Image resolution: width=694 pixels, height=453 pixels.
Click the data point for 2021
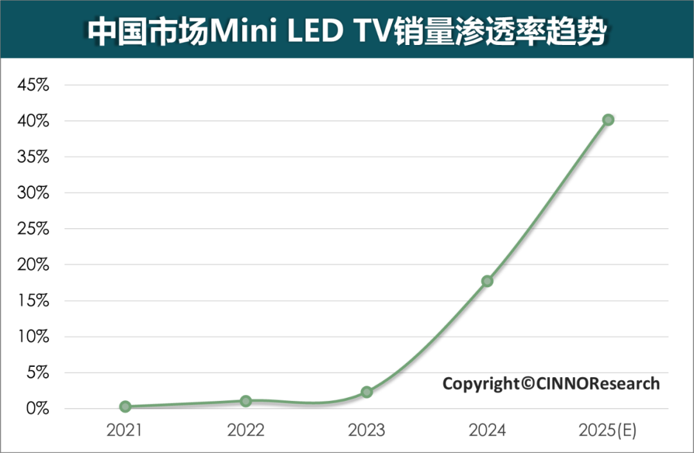pos(125,406)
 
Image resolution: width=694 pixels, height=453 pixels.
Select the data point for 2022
pos(246,400)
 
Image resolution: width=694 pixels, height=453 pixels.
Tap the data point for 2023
pos(367,392)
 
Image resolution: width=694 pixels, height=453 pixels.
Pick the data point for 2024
pos(487,281)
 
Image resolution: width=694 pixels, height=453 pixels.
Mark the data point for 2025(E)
pos(608,120)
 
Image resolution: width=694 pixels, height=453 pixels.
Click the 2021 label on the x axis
pos(125,431)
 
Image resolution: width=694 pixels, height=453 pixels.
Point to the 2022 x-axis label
pos(246,431)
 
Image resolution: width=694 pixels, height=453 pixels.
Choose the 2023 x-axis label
pos(367,431)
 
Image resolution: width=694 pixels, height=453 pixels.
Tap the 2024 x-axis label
pos(487,431)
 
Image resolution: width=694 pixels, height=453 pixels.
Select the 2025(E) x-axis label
pos(608,431)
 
